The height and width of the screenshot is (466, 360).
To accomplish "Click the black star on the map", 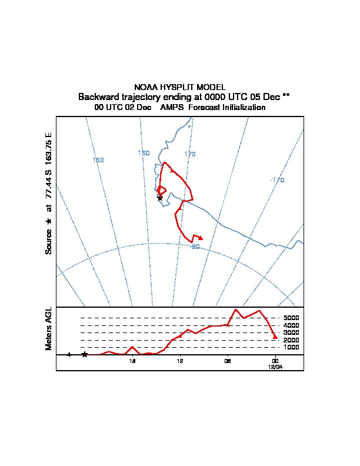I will click(160, 198).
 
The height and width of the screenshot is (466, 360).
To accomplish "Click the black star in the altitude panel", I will click(85, 354).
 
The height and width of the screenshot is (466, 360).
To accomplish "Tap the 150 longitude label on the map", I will click(98, 160).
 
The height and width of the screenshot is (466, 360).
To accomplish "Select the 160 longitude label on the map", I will click(144, 153).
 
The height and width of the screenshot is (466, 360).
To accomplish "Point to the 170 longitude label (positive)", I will click(189, 154).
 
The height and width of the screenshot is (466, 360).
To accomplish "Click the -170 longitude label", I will click(277, 180).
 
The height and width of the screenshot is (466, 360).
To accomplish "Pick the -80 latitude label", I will click(195, 247).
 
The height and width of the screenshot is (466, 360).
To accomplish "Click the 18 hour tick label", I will click(133, 361).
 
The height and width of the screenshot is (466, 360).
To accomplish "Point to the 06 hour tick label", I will click(227, 361).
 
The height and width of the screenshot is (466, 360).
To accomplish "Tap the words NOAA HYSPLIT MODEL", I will click(180, 87).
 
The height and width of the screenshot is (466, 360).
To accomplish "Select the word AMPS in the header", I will click(171, 108).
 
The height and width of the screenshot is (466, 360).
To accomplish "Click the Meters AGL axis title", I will click(49, 328).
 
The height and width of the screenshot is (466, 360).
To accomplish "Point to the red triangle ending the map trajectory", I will click(201, 238).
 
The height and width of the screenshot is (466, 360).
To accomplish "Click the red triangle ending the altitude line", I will click(275, 337).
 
